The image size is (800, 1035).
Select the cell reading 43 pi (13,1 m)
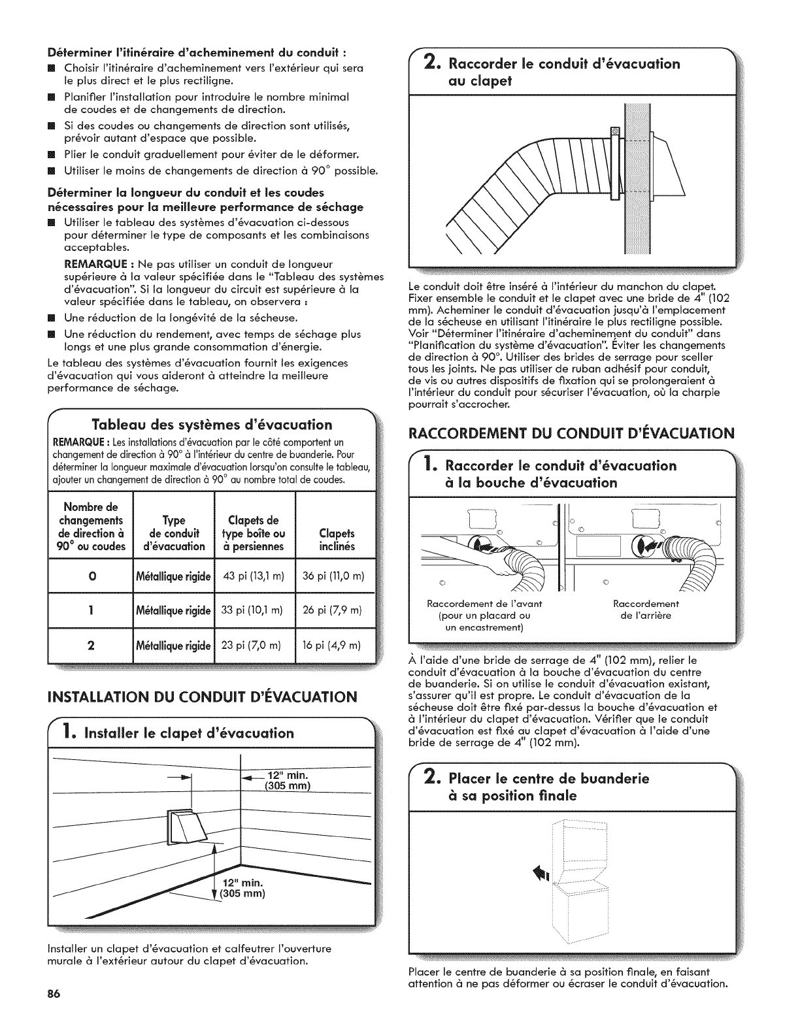click(x=254, y=576)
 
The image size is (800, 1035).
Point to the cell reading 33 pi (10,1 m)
click(x=254, y=610)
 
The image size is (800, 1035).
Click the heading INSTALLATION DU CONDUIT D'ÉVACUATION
click(x=203, y=695)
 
